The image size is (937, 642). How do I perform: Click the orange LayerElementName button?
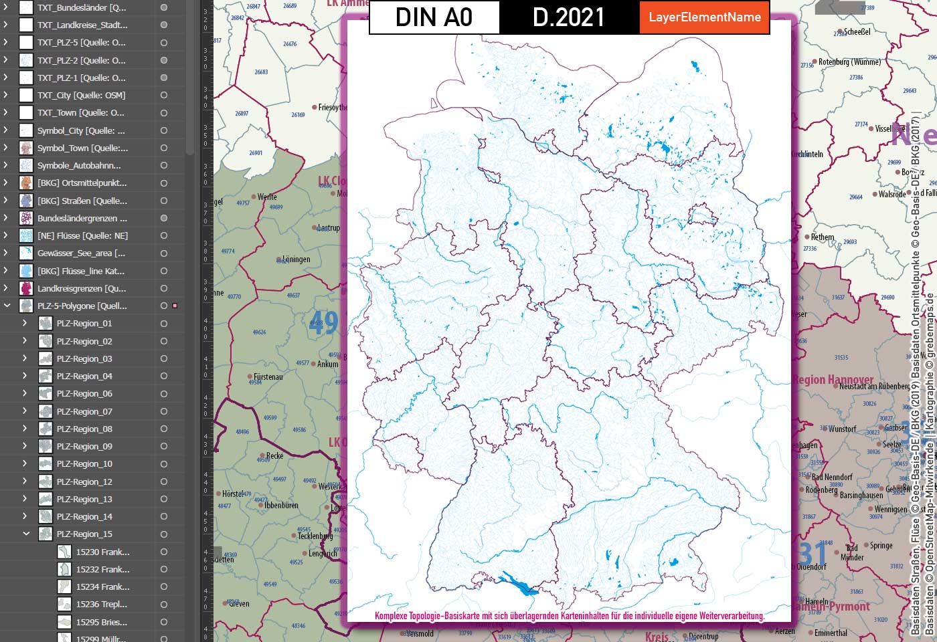point(704,17)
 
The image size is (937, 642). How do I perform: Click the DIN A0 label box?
point(434,17)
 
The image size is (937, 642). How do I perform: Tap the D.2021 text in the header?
point(568,17)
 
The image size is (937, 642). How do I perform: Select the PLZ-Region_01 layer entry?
point(84,324)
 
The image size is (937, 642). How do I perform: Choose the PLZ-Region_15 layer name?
point(84,534)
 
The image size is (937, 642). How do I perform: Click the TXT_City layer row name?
point(81,95)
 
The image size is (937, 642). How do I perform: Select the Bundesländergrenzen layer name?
point(82,218)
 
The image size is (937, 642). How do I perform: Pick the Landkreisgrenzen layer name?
point(81,288)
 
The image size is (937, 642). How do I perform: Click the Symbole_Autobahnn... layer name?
point(79,165)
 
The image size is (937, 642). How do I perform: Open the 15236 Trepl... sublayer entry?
point(102,605)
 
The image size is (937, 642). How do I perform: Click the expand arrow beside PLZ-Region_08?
point(25,429)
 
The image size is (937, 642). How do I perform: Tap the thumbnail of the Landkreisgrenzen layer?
point(26,288)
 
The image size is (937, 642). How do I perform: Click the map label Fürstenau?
point(268,377)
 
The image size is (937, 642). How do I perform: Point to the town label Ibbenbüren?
point(281,505)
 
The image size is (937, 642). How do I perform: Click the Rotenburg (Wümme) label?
point(849,62)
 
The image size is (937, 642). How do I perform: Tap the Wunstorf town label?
point(843,429)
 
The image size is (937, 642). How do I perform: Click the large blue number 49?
point(323,324)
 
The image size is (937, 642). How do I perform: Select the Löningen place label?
point(296,259)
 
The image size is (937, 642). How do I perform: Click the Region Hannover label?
point(833,380)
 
